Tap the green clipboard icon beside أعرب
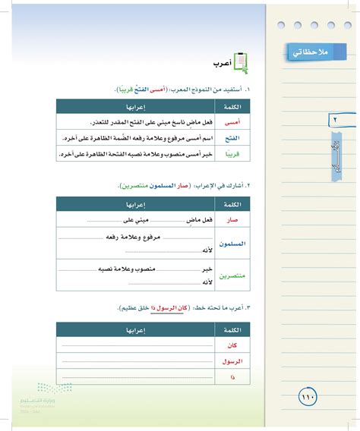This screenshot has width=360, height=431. click(x=241, y=61)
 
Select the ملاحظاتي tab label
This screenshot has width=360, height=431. click(x=314, y=52)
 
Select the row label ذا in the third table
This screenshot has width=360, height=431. click(x=235, y=376)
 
